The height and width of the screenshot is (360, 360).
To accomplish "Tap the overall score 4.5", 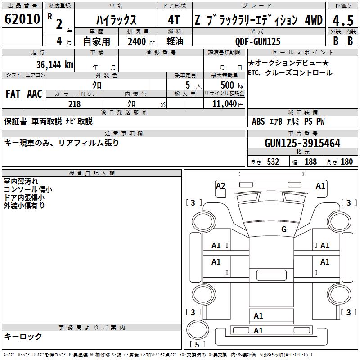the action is click(x=342, y=20).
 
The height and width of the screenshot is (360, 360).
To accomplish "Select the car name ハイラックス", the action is click(x=116, y=20).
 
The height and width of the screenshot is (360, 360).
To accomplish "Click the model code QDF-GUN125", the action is click(x=257, y=41).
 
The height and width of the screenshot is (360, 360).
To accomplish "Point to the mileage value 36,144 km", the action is click(x=55, y=65).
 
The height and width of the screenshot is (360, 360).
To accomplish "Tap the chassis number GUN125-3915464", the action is click(x=302, y=144).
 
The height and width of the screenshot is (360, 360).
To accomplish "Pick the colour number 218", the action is click(x=74, y=104).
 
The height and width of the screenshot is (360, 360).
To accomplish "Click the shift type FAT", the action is click(x=13, y=94).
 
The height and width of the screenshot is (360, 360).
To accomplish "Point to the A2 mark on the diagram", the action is click(x=220, y=186).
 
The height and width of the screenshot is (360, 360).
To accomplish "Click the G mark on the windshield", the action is click(x=284, y=229).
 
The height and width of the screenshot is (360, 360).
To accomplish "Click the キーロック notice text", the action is click(x=23, y=337).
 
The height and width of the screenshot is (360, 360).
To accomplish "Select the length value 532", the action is click(x=273, y=162).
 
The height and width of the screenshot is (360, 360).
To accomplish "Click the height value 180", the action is click(x=346, y=162).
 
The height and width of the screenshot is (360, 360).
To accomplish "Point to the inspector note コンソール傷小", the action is click(x=27, y=189).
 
